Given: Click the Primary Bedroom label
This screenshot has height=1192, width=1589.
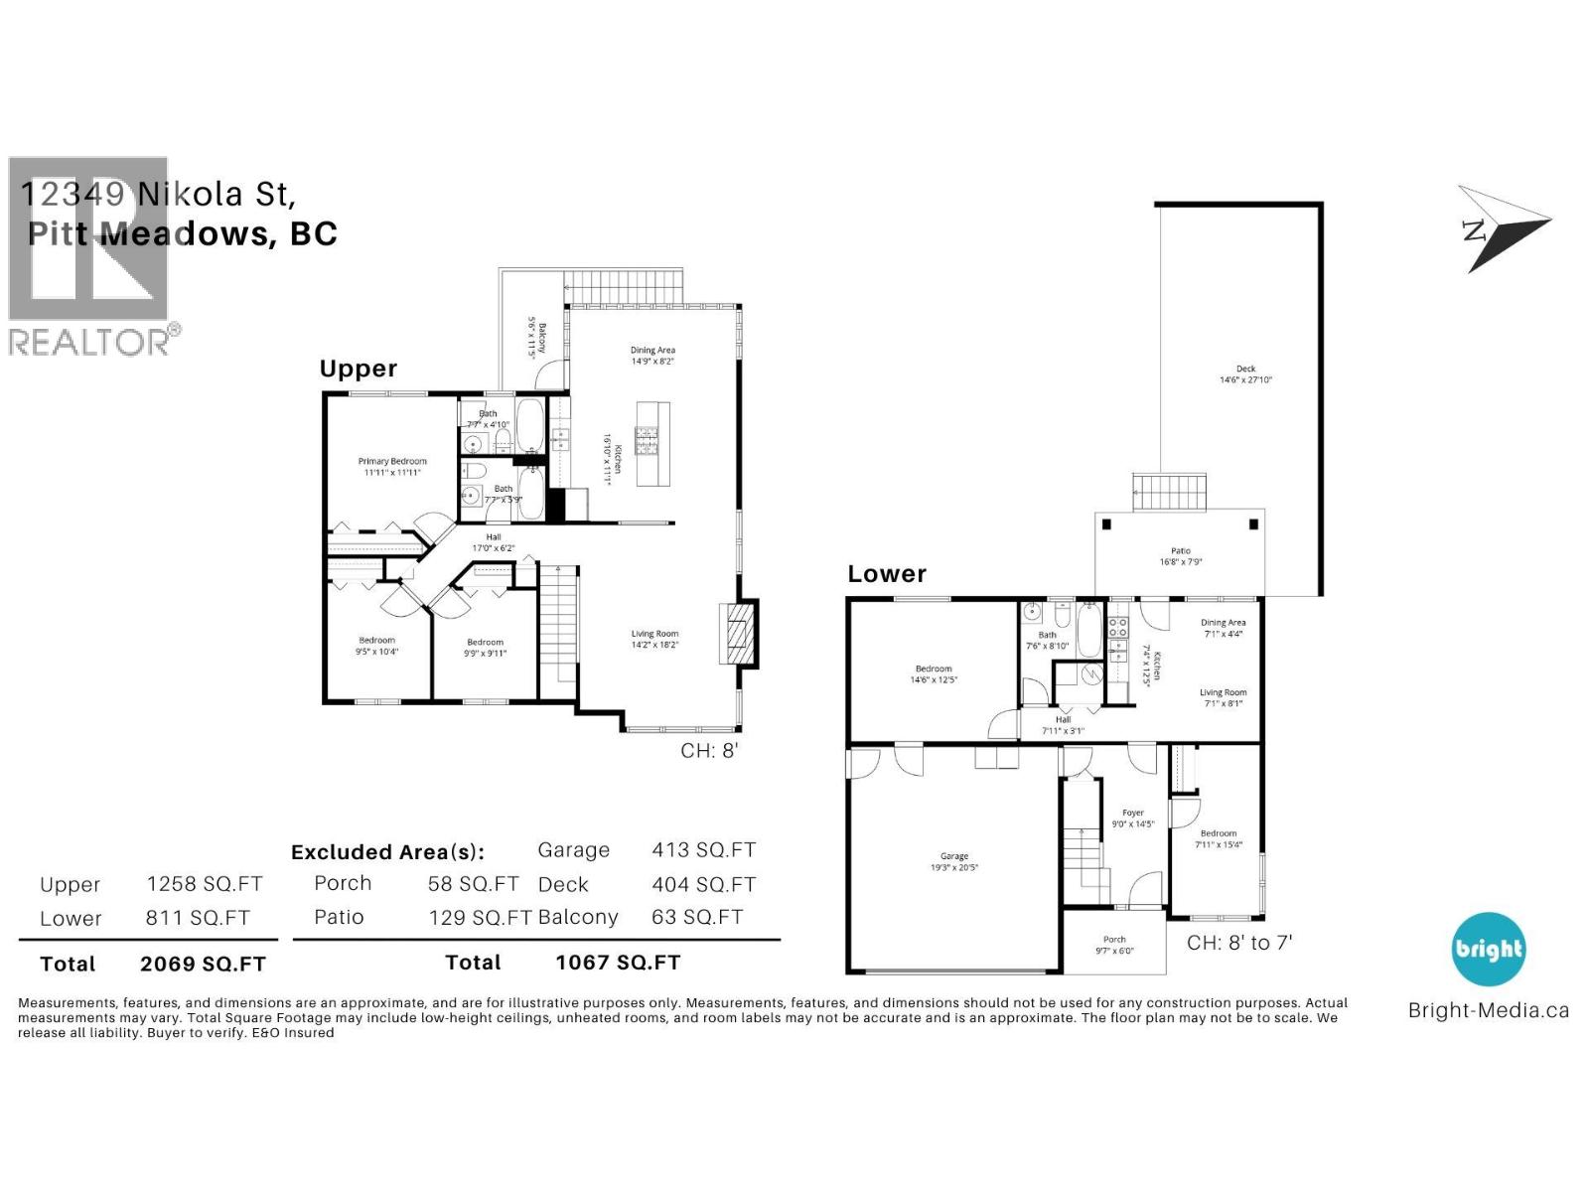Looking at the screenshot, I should pos(392,462).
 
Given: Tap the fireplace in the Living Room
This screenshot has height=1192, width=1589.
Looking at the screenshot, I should pos(737,633).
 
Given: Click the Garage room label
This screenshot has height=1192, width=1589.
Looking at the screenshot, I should pos(953,855).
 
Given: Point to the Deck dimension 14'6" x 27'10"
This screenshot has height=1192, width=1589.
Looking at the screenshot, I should pos(1245,379).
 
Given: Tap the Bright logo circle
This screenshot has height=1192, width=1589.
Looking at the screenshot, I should pos(1488,949).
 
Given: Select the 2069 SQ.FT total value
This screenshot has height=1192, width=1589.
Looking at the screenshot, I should pos(203,963).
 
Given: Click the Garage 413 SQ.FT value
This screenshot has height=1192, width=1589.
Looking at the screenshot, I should pos(703,850).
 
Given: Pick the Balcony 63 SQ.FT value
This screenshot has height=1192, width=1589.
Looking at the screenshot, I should pos(696,918).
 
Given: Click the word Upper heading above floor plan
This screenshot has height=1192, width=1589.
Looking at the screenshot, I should pos(358,369).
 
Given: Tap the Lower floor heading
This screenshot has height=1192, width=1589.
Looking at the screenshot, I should pos(887,574).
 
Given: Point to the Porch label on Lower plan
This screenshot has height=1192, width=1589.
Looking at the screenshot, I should pos(1114,939).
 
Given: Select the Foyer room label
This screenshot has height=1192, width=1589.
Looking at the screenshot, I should pos(1133,812).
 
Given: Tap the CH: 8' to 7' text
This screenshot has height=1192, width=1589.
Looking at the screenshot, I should pos(1238,943).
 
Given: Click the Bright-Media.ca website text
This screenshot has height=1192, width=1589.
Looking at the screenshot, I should pos(1488,1011).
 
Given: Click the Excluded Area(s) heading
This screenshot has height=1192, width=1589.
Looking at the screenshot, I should pos(387,852).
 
